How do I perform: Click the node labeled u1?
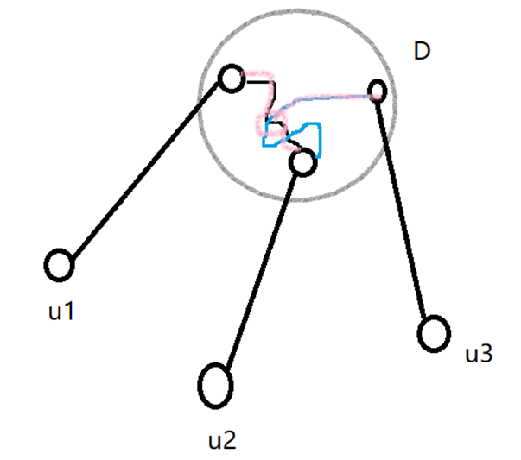pyautogui.click(x=59, y=265)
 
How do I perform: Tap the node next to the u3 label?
pyautogui.click(x=434, y=333)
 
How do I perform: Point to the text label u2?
pyautogui.click(x=222, y=440)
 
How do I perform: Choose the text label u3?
pyautogui.click(x=479, y=353)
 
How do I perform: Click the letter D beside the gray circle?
pyautogui.click(x=423, y=52)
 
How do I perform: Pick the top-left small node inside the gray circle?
pyautogui.click(x=231, y=79)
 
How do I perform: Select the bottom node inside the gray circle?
pyautogui.click(x=302, y=161)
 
